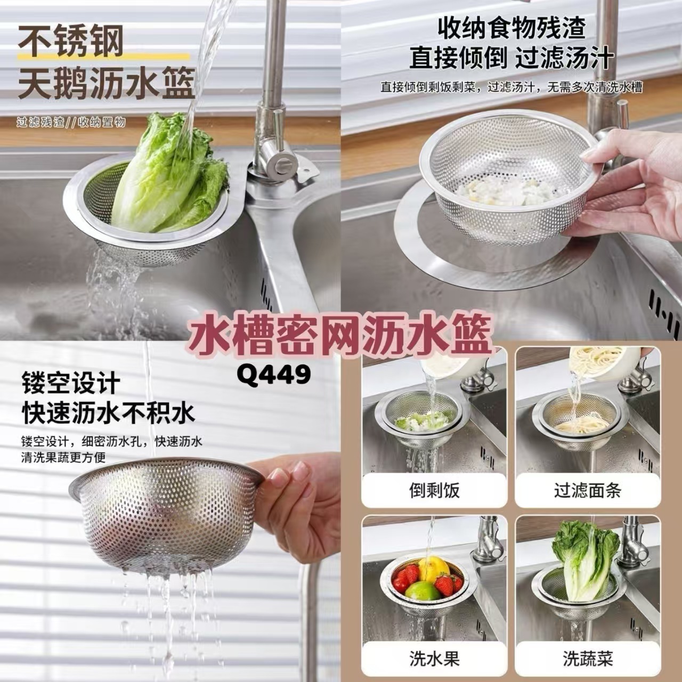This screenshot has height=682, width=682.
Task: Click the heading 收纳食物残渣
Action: click(511, 28)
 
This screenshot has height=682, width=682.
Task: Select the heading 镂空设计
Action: click(71, 384)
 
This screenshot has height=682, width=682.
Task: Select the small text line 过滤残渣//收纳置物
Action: click(71, 123)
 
